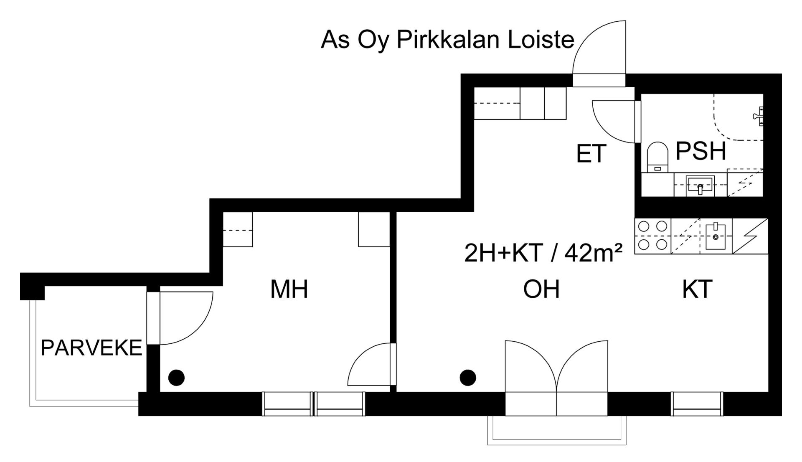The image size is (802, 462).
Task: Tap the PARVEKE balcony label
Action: click(x=91, y=348)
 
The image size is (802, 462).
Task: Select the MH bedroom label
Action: click(x=289, y=289)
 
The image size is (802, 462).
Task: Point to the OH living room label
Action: click(x=541, y=289)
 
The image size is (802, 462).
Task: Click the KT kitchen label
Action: click(x=697, y=289)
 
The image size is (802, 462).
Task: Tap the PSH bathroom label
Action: click(x=700, y=151)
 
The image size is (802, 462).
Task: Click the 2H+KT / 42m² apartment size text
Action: click(x=543, y=253)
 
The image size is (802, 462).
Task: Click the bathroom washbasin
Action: click(x=700, y=185)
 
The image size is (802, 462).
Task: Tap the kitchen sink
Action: click(x=716, y=236)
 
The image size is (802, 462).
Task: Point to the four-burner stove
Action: click(x=652, y=236)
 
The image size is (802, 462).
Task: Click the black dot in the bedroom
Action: click(x=176, y=378)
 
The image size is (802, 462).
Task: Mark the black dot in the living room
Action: click(x=468, y=378)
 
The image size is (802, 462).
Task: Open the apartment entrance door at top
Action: click(x=600, y=54)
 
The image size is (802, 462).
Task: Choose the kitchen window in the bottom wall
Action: click(x=697, y=404)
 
